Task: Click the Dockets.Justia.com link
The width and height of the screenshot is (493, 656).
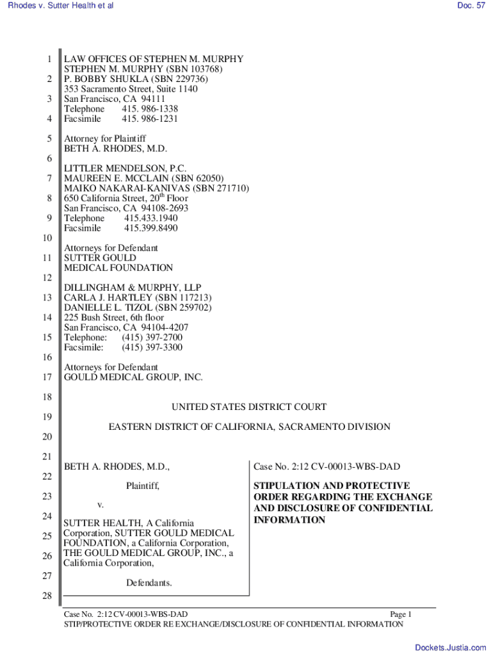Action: point(451,648)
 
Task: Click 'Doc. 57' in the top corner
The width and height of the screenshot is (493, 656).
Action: point(471,5)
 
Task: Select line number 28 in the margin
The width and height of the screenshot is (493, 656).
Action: point(46,598)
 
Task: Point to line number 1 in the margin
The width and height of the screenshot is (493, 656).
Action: point(49,60)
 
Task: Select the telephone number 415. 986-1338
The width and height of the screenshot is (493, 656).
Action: point(150,109)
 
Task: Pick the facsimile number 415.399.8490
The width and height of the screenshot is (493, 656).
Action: point(151,228)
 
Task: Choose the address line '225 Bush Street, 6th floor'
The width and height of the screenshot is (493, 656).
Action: point(114,317)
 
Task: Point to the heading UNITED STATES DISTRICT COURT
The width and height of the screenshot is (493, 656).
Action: point(249,407)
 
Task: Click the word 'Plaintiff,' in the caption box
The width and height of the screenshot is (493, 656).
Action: point(143,486)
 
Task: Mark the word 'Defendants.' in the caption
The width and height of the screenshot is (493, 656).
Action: point(149,583)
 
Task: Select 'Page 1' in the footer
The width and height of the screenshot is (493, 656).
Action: point(400,614)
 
